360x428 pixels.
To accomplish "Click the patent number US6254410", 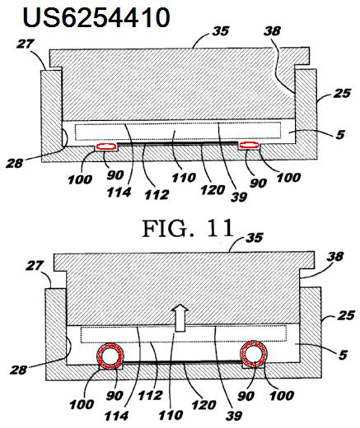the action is pyautogui.click(x=96, y=17).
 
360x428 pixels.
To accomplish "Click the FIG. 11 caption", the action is pyautogui.click(x=188, y=229).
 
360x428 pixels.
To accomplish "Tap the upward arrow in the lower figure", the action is pyautogui.click(x=180, y=318).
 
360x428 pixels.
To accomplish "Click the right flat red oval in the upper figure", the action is pyautogui.click(x=249, y=146).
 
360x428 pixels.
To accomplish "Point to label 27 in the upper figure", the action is pyautogui.click(x=26, y=44).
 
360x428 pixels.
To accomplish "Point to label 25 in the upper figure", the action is pyautogui.click(x=342, y=93).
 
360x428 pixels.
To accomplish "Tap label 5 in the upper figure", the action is pyautogui.click(x=340, y=134).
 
